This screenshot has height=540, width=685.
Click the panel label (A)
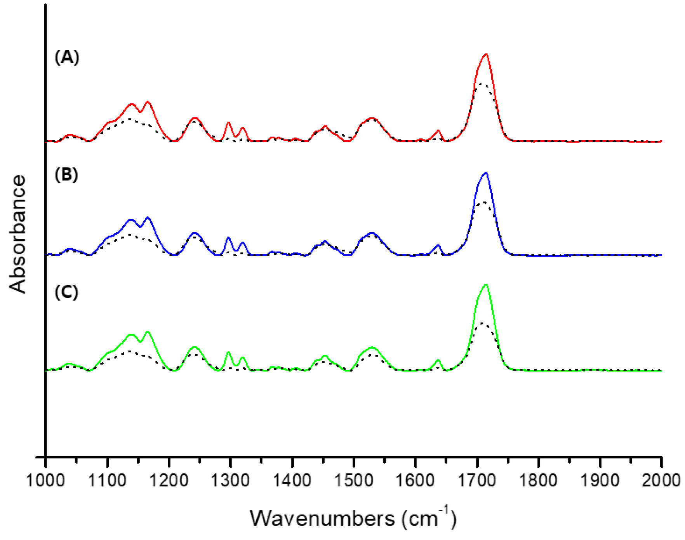tap(67, 57)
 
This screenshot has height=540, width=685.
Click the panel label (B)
tap(66, 175)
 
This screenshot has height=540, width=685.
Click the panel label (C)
tap(66, 292)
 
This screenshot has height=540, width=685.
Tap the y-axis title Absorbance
tap(18, 234)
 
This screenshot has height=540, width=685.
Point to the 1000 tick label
tap(45, 480)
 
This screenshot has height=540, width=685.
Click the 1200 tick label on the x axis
tap(169, 480)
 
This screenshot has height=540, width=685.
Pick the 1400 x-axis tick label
tap(292, 480)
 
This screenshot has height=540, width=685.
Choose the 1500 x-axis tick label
tap(353, 480)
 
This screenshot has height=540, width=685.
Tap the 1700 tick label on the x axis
tap(477, 480)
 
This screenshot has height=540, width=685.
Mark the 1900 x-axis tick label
tap(600, 480)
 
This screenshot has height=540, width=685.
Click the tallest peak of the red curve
tap(486, 54)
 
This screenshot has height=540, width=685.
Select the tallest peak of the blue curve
tap(486, 173)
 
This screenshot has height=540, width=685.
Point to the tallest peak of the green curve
tap(486, 285)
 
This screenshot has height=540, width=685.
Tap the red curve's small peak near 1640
tap(438, 131)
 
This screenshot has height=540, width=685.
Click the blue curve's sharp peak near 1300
tap(228, 237)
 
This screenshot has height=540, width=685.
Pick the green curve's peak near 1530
tap(372, 347)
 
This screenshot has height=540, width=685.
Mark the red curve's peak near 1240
tap(195, 118)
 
